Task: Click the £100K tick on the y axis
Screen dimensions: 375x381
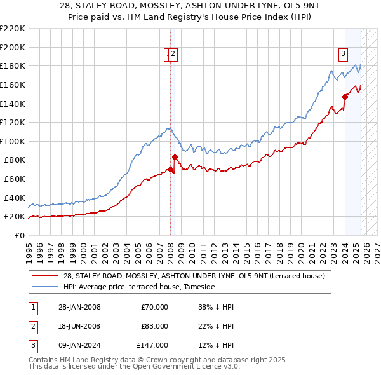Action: pyautogui.click(x=13, y=141)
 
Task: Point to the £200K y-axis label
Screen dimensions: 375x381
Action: pyautogui.click(x=13, y=47)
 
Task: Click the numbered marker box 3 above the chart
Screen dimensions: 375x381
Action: pyautogui.click(x=343, y=55)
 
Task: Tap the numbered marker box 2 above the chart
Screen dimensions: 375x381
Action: pyautogui.click(x=173, y=55)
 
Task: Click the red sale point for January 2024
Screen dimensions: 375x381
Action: pyautogui.click(x=345, y=97)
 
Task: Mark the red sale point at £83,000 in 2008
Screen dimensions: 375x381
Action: pyautogui.click(x=173, y=156)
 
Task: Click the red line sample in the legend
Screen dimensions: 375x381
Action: pyautogui.click(x=46, y=276)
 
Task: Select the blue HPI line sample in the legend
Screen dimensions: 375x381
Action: pyautogui.click(x=46, y=287)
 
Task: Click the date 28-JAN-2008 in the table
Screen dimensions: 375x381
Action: pyautogui.click(x=80, y=307)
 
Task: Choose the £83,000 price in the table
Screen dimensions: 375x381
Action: pyautogui.click(x=155, y=326)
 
